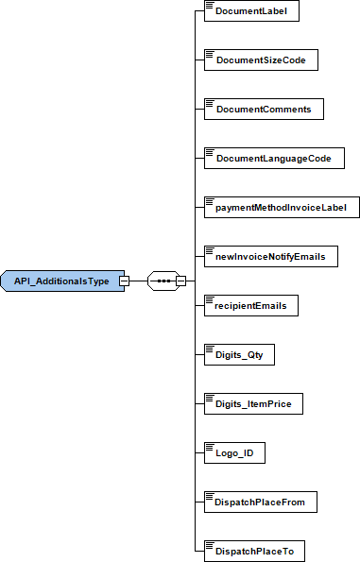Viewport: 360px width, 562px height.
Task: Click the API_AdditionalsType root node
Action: pyautogui.click(x=60, y=281)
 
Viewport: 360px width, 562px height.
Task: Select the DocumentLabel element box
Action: pyautogui.click(x=251, y=11)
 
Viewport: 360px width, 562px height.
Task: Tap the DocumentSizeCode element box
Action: pyautogui.click(x=260, y=60)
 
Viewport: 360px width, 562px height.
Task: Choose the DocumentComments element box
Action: pyautogui.click(x=264, y=110)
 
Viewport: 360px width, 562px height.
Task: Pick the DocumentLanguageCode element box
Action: pyautogui.click(x=273, y=159)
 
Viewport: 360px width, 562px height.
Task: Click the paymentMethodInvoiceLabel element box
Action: pyautogui.click(x=281, y=208)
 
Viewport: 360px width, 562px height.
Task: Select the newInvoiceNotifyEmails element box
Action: pyautogui.click(x=270, y=257)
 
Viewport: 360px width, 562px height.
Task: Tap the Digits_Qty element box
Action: pyautogui.click(x=239, y=355)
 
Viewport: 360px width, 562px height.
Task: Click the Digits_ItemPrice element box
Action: pyautogui.click(x=253, y=404)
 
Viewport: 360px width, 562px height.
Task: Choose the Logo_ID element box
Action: pyautogui.click(x=234, y=453)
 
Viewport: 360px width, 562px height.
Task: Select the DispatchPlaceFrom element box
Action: pyautogui.click(x=260, y=502)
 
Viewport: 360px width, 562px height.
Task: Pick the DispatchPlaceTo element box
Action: pyautogui.click(x=255, y=552)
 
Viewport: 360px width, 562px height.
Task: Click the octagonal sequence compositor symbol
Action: pyautogui.click(x=163, y=281)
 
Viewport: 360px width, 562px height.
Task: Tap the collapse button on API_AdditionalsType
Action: pyautogui.click(x=124, y=281)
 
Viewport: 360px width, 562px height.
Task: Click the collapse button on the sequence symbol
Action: pyautogui.click(x=180, y=281)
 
